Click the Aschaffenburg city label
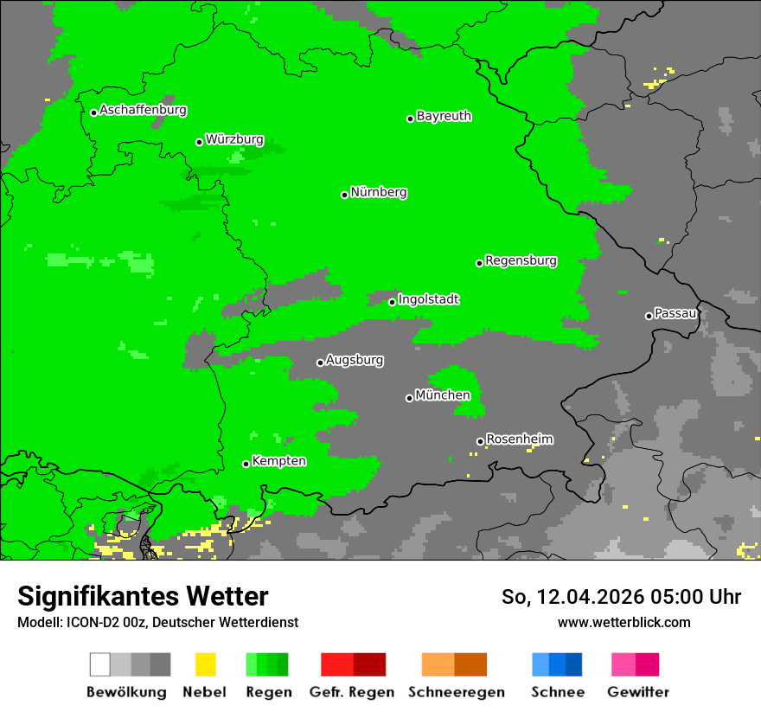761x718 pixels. [x=143, y=111]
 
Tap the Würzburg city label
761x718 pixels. [x=234, y=140]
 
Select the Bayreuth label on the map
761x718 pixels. [x=444, y=116]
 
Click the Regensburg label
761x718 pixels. [x=521, y=261]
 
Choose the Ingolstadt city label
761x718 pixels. [x=429, y=300]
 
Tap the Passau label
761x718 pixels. [x=675, y=313]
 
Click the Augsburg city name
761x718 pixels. [x=355, y=360]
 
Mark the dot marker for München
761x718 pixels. [x=409, y=398]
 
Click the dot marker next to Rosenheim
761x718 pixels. [x=480, y=441]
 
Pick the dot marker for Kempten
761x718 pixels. [x=246, y=464]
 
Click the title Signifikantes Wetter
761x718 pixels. [x=143, y=597]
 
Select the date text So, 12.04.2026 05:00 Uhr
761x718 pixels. [x=621, y=597]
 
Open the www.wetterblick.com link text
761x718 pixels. [x=624, y=623]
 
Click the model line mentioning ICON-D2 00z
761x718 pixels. [x=157, y=623]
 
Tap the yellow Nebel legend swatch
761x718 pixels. [x=205, y=664]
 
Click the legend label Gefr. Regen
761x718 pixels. [x=352, y=692]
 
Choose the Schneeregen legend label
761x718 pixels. [x=456, y=692]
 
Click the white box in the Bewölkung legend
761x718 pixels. [x=100, y=664]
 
